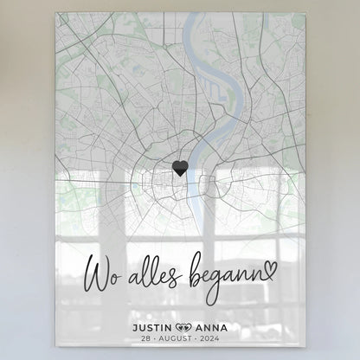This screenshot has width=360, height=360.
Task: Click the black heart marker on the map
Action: point(179,167)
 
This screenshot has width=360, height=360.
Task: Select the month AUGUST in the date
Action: point(177,341)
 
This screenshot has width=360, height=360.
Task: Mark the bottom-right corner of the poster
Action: point(304,357)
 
